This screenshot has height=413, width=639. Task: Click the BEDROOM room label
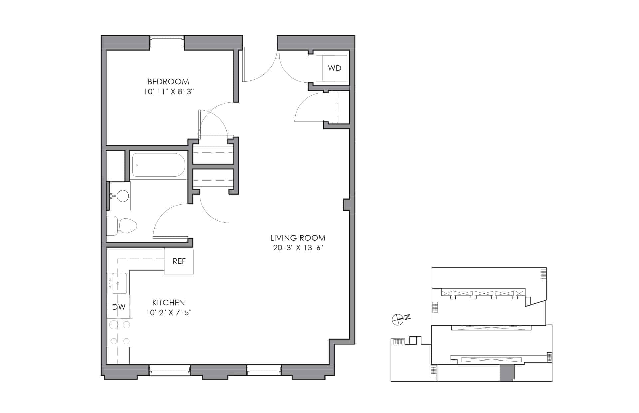[168, 82]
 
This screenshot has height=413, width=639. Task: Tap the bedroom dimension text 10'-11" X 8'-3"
[169, 92]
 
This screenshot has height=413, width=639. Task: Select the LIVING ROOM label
[298, 238]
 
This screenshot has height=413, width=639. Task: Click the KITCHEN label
[168, 303]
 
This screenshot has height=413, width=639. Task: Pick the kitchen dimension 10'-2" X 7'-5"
[169, 313]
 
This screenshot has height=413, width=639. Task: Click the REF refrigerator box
[179, 261]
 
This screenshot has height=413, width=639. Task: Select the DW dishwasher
[118, 307]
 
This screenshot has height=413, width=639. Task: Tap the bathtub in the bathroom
[158, 165]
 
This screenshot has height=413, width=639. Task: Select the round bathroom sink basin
[123, 196]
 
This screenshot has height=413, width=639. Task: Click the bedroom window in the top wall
[167, 43]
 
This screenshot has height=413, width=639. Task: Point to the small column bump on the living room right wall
[347, 205]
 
